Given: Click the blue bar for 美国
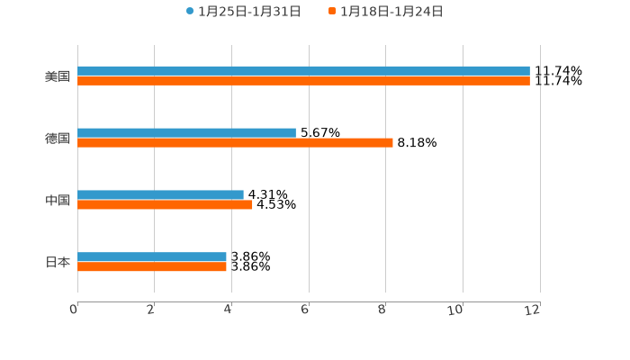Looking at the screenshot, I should click(x=303, y=71).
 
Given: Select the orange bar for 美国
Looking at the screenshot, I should click(x=303, y=81).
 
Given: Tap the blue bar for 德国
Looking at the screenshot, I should click(x=186, y=133).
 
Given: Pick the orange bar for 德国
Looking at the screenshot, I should click(x=235, y=143).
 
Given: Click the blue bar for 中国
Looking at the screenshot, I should click(x=160, y=195).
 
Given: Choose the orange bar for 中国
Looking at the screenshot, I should click(x=165, y=205).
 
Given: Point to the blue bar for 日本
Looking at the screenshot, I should click(x=152, y=257).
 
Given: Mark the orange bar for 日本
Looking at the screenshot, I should click(x=152, y=267).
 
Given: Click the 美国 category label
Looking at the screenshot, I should click(x=58, y=76).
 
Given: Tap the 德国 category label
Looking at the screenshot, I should click(x=58, y=139).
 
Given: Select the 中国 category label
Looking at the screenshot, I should click(x=58, y=201).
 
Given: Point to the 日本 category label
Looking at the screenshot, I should click(x=58, y=263).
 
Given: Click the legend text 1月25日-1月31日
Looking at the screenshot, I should click(x=249, y=12).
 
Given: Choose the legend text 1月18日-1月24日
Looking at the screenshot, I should click(x=391, y=12).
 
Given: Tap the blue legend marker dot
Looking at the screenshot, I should click(x=190, y=12).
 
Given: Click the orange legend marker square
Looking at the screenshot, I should click(x=332, y=12).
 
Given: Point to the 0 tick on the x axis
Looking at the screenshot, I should click(x=74, y=310).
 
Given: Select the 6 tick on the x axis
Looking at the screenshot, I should click(x=305, y=310).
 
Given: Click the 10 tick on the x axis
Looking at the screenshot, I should click(x=456, y=310).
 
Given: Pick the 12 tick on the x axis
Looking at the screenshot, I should click(x=533, y=310).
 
